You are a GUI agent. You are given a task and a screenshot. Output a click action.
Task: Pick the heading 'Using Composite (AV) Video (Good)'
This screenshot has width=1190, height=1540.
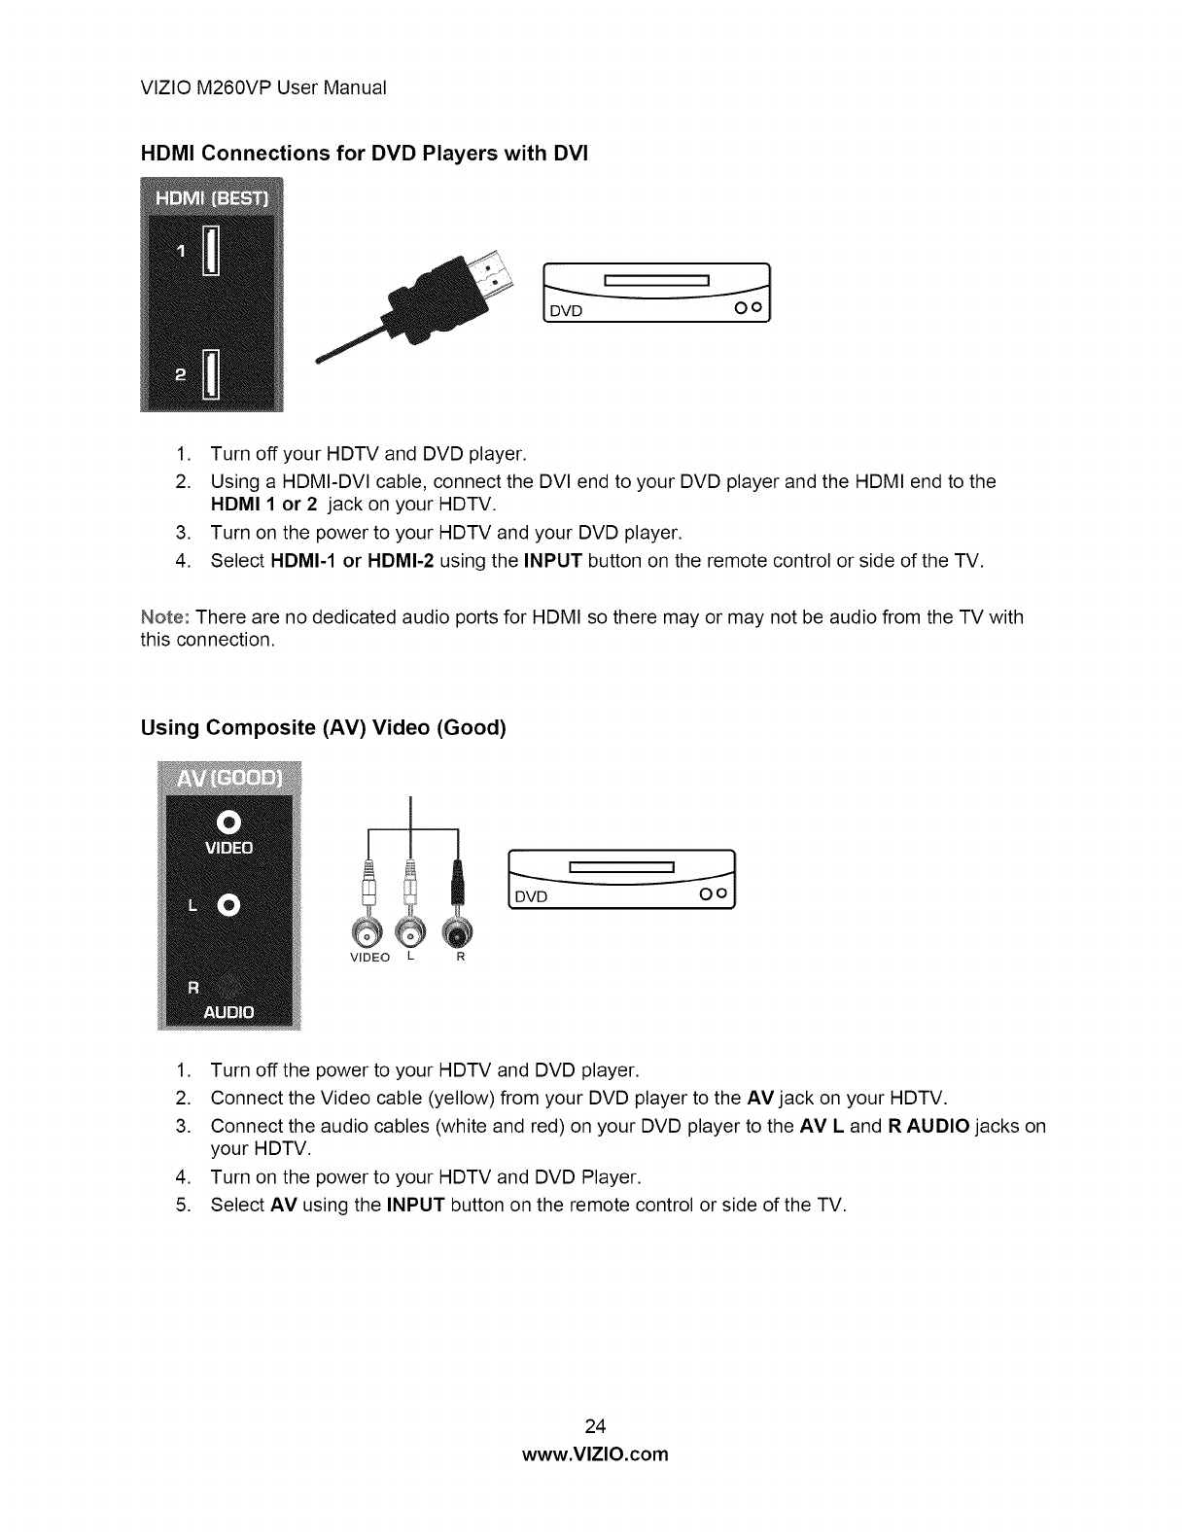pyautogui.click(x=324, y=728)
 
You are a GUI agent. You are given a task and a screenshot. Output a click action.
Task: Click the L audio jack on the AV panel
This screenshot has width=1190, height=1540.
pyautogui.click(x=229, y=905)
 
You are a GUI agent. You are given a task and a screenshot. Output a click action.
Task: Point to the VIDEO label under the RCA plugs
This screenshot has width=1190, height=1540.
pyautogui.click(x=369, y=958)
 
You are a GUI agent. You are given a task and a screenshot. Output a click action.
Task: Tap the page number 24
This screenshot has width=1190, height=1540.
pyautogui.click(x=595, y=1426)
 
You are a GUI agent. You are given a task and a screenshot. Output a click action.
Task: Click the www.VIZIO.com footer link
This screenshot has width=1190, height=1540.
pyautogui.click(x=595, y=1454)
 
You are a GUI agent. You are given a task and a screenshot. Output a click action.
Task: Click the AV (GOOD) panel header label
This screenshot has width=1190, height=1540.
pyautogui.click(x=229, y=780)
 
